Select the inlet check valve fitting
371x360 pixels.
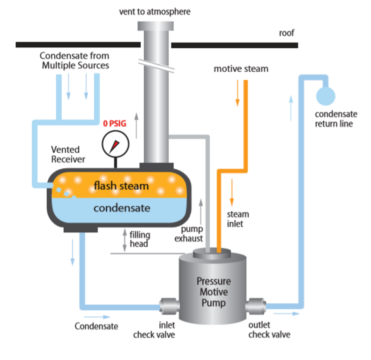[x=168, y=307]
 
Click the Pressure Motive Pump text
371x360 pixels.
[x=214, y=292]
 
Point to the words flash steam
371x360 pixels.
[x=121, y=186]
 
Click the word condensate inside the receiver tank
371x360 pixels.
[x=122, y=208]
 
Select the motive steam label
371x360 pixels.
[x=241, y=69]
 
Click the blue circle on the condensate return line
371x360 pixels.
[x=326, y=96]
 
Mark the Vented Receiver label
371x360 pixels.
[x=66, y=154]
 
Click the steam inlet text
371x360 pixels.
[x=238, y=219]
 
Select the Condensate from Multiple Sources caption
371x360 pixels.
[x=74, y=61]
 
